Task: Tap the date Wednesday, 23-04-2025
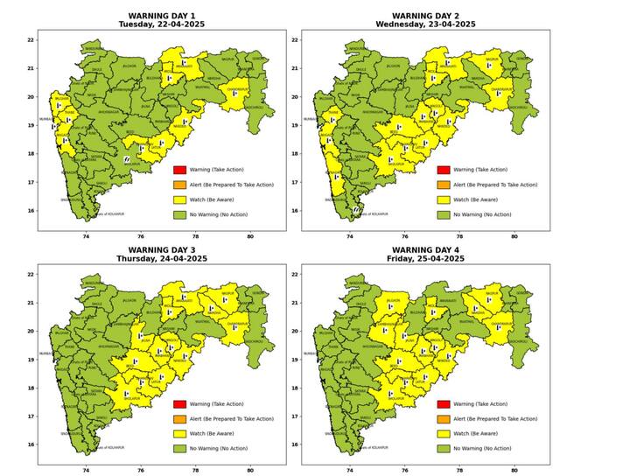coord(425,24)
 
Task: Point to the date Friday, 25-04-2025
coord(425,259)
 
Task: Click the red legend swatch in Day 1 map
coord(178,170)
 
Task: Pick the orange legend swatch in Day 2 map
coord(443,185)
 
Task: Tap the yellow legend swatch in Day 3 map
coord(178,433)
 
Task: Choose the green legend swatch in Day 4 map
coord(443,448)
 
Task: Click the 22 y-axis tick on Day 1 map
coord(30,40)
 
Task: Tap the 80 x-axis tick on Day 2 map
coord(514,237)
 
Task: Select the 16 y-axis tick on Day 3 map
coord(30,444)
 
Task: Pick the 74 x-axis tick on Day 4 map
coord(350,472)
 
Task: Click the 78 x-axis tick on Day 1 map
coord(196,237)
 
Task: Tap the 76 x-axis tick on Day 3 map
coord(141,472)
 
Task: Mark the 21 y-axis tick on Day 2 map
coord(294,68)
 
